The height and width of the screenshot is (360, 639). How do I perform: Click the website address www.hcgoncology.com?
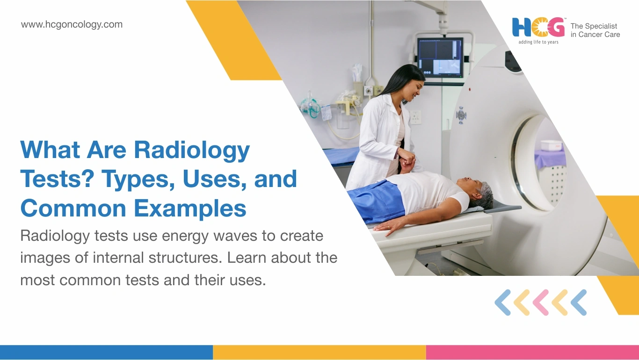point(72,25)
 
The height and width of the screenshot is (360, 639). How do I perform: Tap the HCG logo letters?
point(538,28)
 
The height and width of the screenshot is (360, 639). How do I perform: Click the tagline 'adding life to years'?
point(538,42)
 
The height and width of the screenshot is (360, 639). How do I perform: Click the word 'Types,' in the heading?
point(138,180)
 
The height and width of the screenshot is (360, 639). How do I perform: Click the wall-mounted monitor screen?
point(440,58)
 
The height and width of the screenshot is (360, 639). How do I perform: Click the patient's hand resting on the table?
point(386,226)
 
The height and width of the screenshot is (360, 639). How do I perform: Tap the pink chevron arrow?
point(541,302)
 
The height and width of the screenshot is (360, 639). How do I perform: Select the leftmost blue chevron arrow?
point(503,302)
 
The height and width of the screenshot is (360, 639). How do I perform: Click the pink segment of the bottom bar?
point(532,352)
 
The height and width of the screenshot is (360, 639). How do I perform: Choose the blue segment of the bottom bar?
point(106,352)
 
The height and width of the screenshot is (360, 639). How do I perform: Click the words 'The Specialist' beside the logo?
point(594,26)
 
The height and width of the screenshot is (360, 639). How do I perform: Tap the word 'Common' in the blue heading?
point(73,209)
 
